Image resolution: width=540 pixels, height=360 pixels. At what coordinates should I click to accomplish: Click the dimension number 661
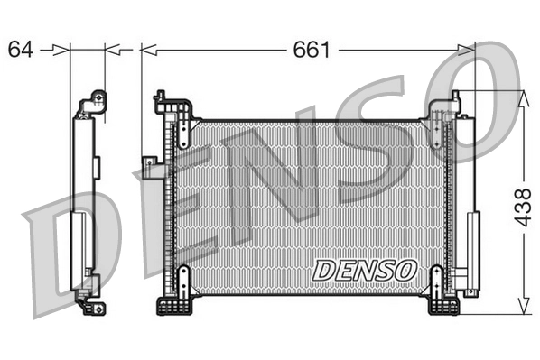point(311,50)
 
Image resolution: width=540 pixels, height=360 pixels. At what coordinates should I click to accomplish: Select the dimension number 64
point(21,50)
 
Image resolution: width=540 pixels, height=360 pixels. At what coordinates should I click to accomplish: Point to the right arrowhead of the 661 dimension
point(467,50)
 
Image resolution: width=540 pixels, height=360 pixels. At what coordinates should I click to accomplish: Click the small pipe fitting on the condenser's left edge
point(149,162)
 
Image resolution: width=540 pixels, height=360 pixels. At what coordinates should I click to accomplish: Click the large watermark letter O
point(479,99)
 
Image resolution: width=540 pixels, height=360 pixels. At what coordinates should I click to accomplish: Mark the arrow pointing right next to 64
point(61,50)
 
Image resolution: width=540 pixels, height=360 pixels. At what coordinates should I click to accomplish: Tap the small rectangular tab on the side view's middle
point(96,166)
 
